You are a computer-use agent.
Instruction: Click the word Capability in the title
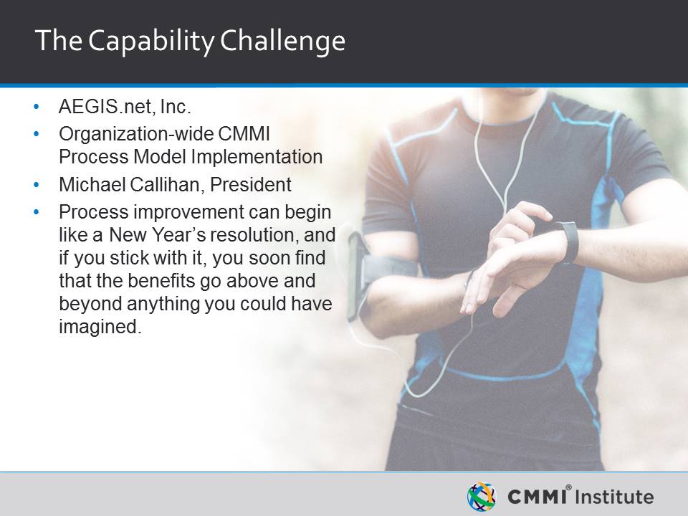(x=151, y=42)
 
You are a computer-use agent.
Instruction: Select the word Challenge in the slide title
(x=282, y=42)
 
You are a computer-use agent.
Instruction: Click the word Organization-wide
(x=135, y=134)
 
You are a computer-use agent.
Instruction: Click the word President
(x=251, y=185)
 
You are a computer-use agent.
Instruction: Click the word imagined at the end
(x=100, y=327)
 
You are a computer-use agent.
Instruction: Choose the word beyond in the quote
(x=90, y=304)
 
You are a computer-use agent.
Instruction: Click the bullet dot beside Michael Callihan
(x=37, y=185)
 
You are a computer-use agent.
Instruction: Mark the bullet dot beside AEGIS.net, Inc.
(x=37, y=107)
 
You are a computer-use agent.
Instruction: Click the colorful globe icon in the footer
(x=482, y=497)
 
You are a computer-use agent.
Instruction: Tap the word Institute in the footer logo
(x=614, y=497)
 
